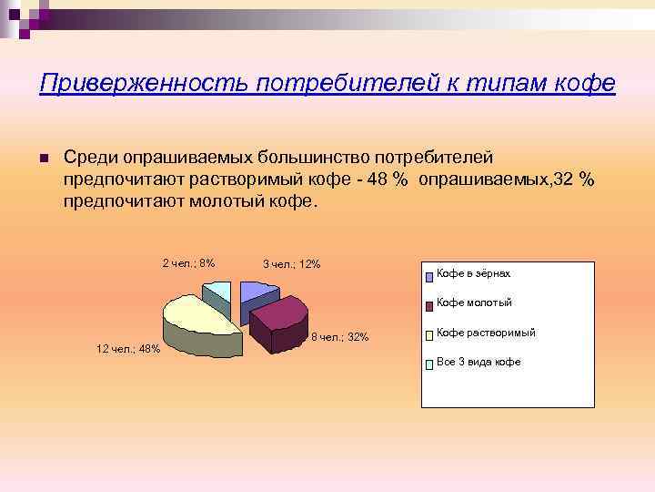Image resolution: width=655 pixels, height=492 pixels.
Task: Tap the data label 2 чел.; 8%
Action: tap(188, 263)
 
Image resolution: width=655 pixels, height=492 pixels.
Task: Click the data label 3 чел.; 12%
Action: tap(291, 264)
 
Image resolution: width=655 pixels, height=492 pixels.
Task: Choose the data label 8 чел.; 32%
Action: tap(339, 337)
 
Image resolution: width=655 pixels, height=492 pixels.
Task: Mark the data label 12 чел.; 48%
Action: tap(128, 349)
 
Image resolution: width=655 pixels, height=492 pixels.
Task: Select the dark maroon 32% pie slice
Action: tap(280, 319)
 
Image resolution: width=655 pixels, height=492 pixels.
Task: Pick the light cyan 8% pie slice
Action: tap(219, 292)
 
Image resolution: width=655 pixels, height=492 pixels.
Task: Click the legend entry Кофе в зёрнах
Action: tap(473, 273)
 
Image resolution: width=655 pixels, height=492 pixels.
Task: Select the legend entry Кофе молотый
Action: tap(474, 302)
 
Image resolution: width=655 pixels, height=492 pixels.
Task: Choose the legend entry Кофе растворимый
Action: tap(485, 333)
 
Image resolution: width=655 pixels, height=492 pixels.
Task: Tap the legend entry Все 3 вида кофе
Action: tap(479, 362)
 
